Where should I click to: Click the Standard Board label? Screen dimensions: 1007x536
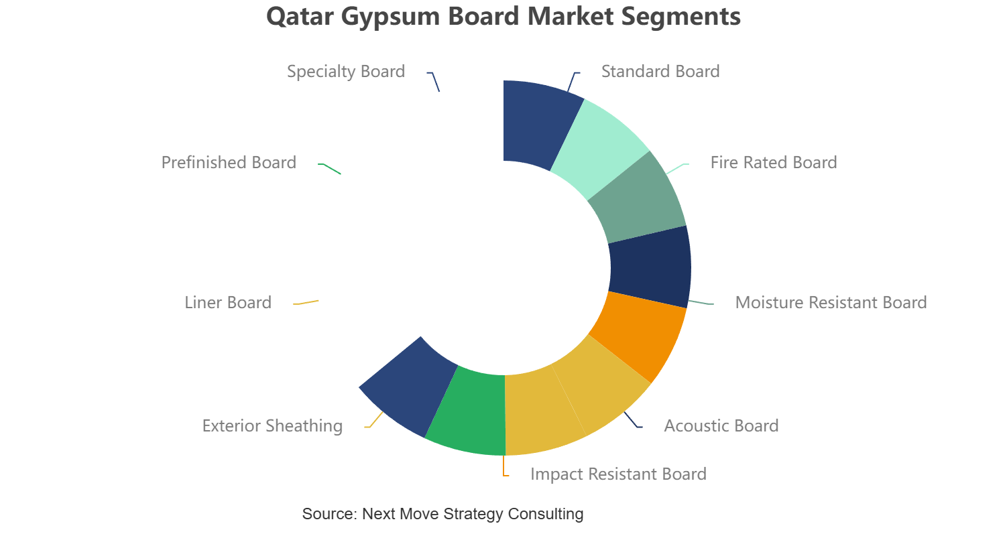point(660,72)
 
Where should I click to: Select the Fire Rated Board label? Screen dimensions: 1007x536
point(774,163)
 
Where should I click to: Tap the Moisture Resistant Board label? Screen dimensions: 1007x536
point(831,302)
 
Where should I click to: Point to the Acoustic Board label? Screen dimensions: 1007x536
point(721,426)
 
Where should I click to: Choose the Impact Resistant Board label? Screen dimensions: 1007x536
point(618,474)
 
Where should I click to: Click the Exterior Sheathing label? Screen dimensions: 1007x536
point(272,426)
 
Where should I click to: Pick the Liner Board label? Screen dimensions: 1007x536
point(228,302)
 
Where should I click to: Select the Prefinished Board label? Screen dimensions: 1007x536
point(229,163)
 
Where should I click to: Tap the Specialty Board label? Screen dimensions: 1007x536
point(346,72)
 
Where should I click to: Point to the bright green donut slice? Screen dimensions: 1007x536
point(467,411)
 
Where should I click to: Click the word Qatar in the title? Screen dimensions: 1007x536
point(300,17)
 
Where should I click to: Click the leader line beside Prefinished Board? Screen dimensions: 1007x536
point(329,168)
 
